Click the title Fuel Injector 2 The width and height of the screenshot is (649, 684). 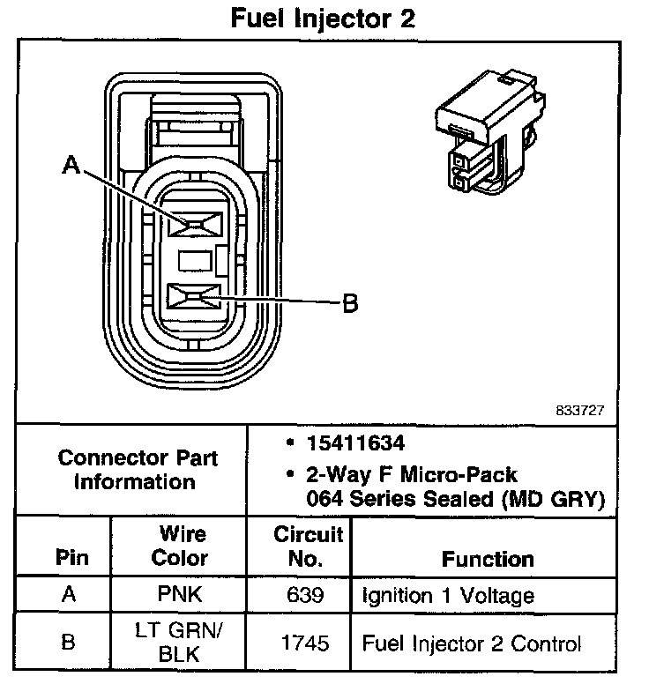(323, 19)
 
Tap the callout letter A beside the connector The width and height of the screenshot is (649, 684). (71, 165)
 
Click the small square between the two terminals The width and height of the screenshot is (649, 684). (195, 260)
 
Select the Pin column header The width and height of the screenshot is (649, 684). (68, 558)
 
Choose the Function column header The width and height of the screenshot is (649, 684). (488, 559)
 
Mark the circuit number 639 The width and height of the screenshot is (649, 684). (305, 595)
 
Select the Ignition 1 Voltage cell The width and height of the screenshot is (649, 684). (448, 595)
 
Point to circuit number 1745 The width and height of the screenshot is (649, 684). (305, 643)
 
